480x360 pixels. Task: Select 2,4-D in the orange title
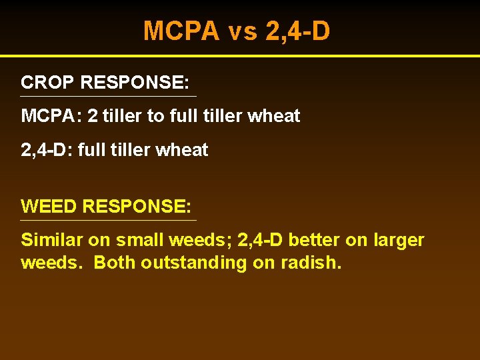pos(297,31)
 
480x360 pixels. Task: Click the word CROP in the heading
pos(47,83)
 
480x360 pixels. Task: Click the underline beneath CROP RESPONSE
pos(109,97)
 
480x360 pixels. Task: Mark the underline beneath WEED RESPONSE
pos(109,220)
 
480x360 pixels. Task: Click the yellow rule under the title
pos(240,55)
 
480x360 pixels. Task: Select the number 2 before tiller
pos(92,116)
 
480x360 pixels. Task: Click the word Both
pos(114,263)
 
